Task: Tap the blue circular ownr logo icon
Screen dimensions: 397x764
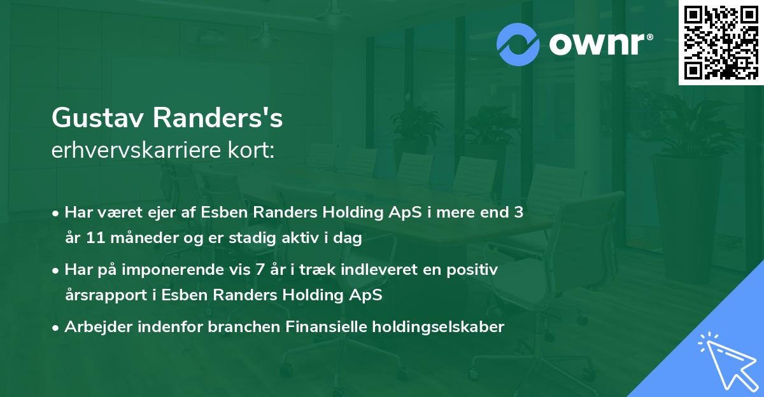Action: (518, 43)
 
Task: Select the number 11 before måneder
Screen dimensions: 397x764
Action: (94, 239)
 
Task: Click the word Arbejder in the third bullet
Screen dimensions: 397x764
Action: (93, 327)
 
